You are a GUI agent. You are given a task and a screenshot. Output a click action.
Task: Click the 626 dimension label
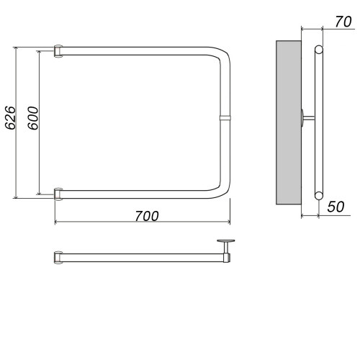pyautogui.click(x=11, y=117)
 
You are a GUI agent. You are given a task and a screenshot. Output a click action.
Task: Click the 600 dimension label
pyautogui.click(x=33, y=118)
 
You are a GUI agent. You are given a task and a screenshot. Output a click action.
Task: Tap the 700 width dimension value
pyautogui.click(x=147, y=216)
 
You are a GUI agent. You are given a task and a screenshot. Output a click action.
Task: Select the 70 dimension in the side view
pyautogui.click(x=343, y=22)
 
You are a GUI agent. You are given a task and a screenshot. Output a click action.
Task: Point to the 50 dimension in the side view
pyautogui.click(x=336, y=207)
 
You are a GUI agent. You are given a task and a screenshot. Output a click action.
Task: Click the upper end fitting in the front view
pyautogui.click(x=58, y=51)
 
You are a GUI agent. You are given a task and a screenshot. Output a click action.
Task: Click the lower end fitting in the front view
pyautogui.click(x=58, y=194)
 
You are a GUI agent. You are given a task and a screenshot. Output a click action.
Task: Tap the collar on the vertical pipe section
pyautogui.click(x=225, y=117)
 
